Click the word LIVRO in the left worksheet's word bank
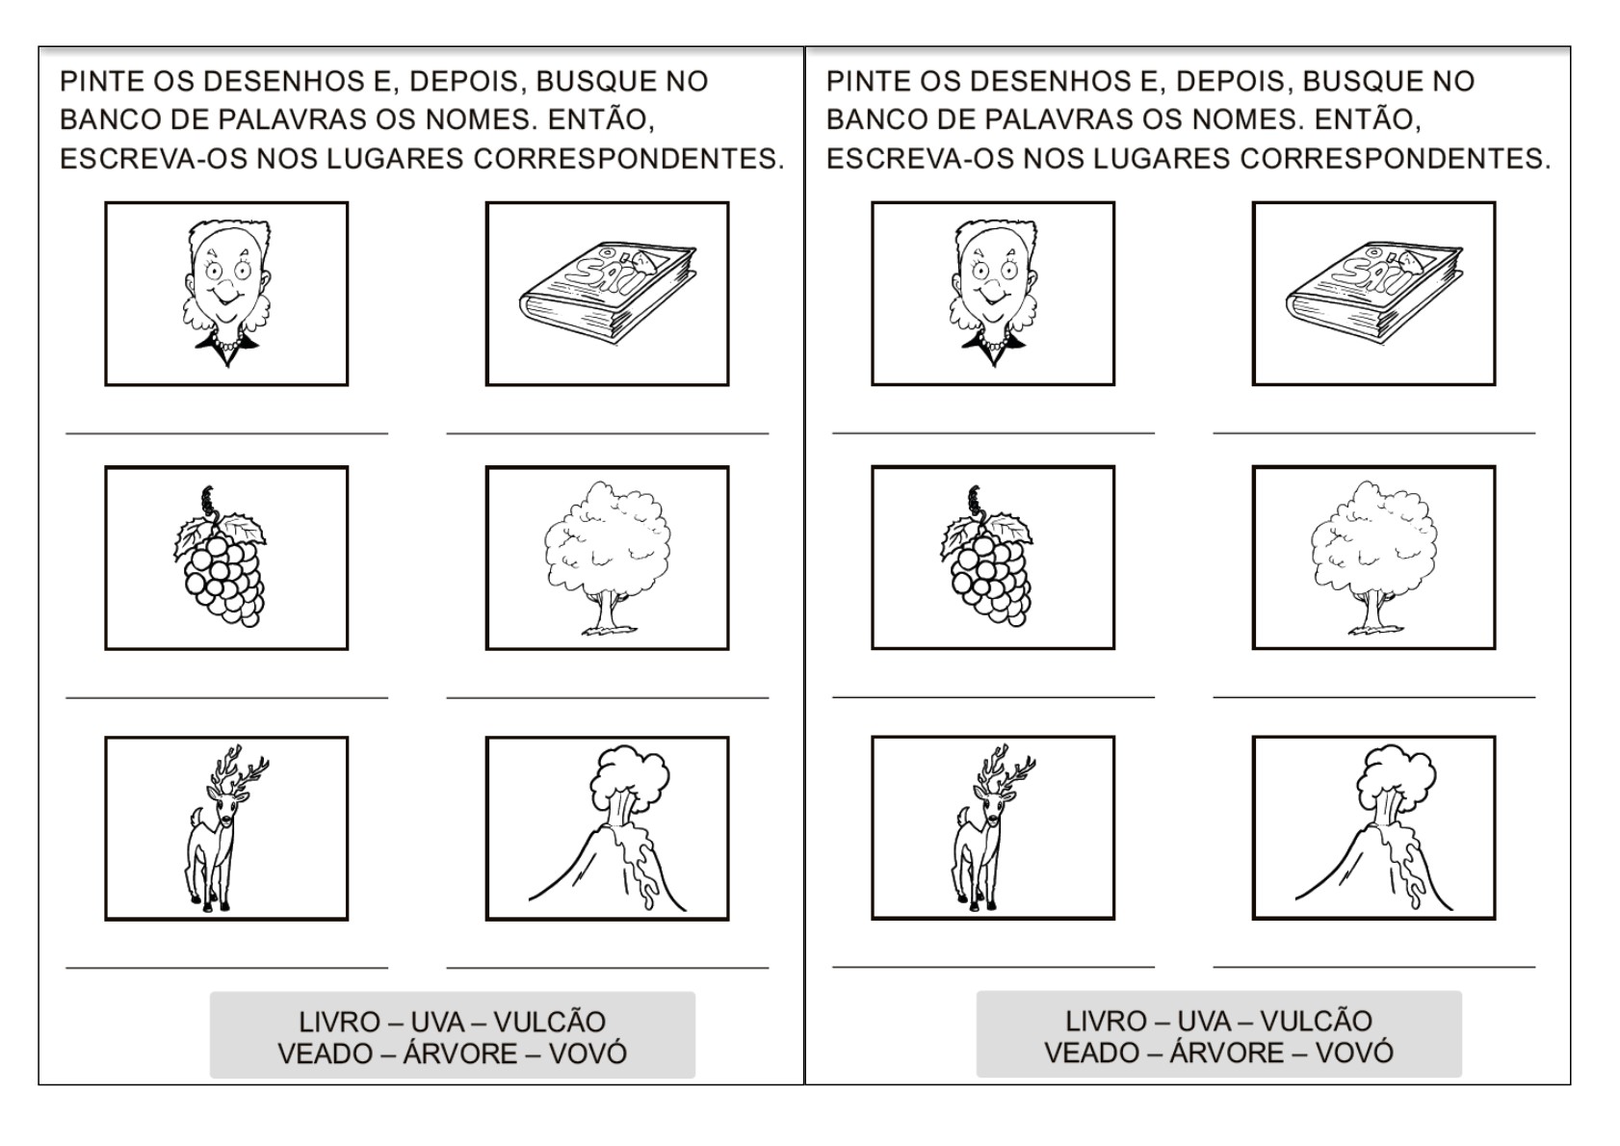click(339, 1022)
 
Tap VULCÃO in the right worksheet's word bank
click(1316, 1021)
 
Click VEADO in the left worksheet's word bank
click(325, 1055)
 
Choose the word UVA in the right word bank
click(1204, 1021)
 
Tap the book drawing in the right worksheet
click(1374, 292)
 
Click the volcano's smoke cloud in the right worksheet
click(1397, 776)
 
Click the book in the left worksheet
click(608, 292)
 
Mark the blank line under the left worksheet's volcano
click(608, 968)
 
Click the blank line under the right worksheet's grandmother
click(993, 433)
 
